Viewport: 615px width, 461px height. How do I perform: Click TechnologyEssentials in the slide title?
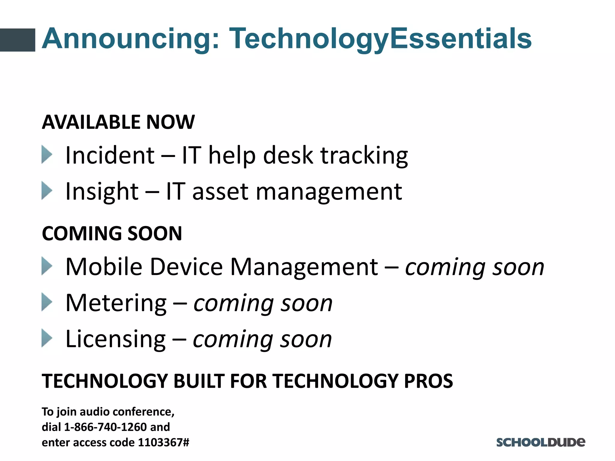(x=380, y=39)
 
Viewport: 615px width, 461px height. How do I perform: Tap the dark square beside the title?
(x=17, y=40)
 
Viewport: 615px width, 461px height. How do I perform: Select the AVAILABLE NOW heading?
(x=118, y=122)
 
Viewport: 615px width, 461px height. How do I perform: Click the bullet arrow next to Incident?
(x=47, y=155)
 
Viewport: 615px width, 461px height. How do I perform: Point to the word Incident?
(x=110, y=155)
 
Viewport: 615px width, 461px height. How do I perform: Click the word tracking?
(x=364, y=156)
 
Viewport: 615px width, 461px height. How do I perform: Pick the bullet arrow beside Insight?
(x=47, y=191)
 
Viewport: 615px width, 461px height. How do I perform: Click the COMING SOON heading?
(x=112, y=234)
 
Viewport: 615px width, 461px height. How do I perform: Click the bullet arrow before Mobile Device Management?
(x=47, y=266)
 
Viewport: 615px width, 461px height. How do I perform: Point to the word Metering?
(x=116, y=303)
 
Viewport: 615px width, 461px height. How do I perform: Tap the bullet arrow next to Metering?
(x=47, y=302)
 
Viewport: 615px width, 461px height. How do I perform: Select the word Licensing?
(x=115, y=339)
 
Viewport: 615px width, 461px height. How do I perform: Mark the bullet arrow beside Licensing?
(x=47, y=338)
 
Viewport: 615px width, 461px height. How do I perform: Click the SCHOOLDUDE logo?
(x=541, y=442)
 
